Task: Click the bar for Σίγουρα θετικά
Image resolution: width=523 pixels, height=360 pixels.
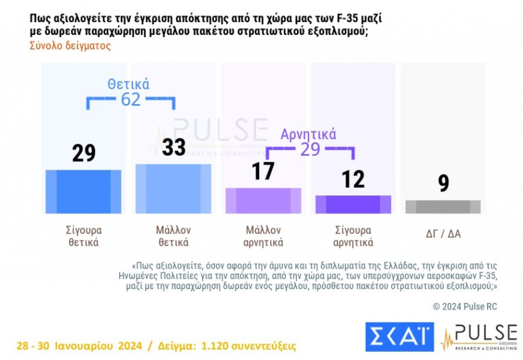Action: (x=83, y=192)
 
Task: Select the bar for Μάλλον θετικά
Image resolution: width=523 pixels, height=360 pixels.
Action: (x=173, y=188)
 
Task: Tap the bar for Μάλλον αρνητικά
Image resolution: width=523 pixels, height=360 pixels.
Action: (x=263, y=201)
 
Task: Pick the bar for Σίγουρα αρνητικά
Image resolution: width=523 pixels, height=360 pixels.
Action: (x=353, y=204)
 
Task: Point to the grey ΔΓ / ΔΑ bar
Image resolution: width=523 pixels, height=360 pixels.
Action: (x=443, y=206)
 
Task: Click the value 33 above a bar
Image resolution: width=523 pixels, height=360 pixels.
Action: (x=173, y=148)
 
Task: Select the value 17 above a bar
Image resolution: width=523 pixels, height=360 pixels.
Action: (x=263, y=172)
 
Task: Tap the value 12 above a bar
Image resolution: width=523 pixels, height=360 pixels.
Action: (x=353, y=179)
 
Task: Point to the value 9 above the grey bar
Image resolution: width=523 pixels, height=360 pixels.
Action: (x=443, y=184)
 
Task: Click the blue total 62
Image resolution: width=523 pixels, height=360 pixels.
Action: (x=131, y=99)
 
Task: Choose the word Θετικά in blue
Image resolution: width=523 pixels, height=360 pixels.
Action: (x=128, y=84)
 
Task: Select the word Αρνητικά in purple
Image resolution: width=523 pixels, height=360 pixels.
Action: (x=308, y=134)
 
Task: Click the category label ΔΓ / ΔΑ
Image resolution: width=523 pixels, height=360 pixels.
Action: (x=443, y=234)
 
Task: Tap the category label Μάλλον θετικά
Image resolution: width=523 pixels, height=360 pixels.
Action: (x=173, y=236)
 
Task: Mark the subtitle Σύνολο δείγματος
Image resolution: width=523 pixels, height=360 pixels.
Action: (x=70, y=46)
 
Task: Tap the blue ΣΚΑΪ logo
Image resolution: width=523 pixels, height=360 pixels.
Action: (x=399, y=337)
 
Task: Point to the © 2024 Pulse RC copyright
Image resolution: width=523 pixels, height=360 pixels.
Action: (x=465, y=306)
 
